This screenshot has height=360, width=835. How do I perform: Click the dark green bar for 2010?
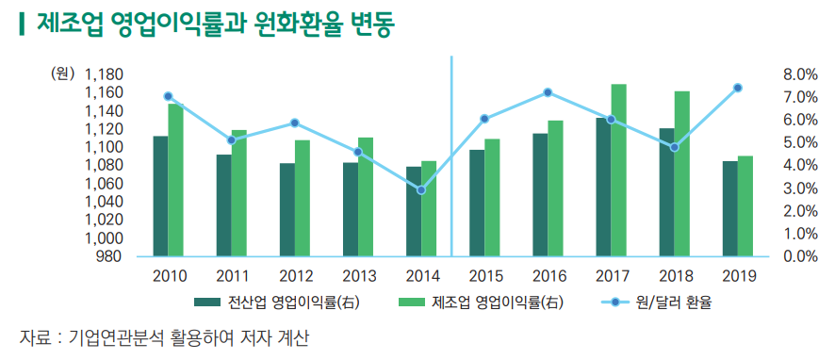[x=160, y=196]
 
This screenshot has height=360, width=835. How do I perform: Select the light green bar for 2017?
[x=618, y=170]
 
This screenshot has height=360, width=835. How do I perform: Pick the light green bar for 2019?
[x=745, y=205]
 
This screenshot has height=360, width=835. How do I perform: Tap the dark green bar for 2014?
[x=413, y=211]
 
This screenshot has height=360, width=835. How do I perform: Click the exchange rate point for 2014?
[x=421, y=190]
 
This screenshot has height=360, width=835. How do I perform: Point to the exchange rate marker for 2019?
[x=738, y=88]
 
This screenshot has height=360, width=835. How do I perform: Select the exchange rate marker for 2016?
[x=548, y=92]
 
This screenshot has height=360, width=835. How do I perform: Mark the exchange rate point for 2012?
[x=295, y=123]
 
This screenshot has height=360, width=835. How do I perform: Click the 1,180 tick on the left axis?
[x=105, y=74]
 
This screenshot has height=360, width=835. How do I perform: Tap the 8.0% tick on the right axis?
[x=799, y=74]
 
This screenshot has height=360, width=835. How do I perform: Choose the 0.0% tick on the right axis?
[x=799, y=255]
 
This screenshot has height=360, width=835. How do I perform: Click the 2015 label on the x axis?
[x=484, y=276]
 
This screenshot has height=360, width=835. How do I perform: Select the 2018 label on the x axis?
[x=675, y=276]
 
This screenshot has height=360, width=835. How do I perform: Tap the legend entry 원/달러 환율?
[x=673, y=304]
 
